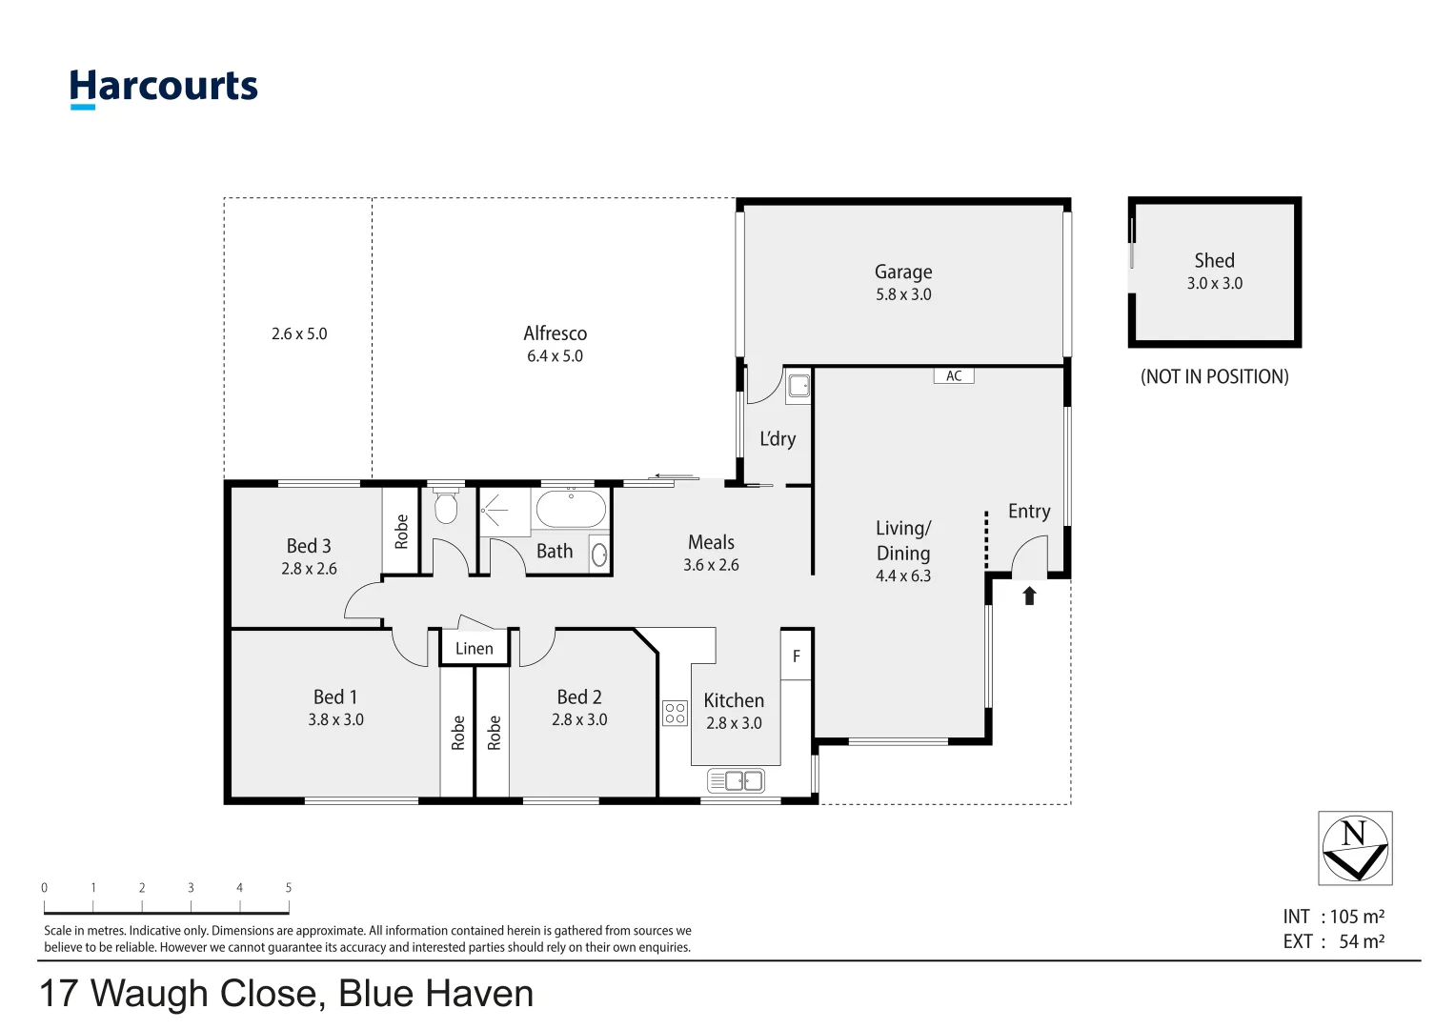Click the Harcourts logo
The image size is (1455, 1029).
tap(164, 89)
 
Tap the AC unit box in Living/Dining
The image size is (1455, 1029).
tap(954, 375)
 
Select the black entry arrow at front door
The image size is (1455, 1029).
tap(1029, 595)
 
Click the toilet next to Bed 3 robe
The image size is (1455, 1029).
tap(445, 505)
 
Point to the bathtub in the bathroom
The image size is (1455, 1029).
tap(571, 509)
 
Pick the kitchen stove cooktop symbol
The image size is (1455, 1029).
tap(675, 713)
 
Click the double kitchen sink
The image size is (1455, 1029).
tap(736, 780)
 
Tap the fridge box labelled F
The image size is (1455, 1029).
tap(797, 656)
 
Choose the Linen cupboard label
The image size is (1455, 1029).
tap(475, 648)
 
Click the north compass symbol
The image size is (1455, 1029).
tap(1355, 848)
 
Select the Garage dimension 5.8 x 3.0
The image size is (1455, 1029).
tap(903, 294)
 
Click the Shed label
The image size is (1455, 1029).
tap(1214, 260)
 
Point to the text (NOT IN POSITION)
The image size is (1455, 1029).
tap(1214, 376)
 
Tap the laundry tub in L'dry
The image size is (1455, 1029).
tap(798, 386)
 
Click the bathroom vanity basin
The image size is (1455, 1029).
tap(599, 555)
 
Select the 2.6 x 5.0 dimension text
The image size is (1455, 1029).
tap(299, 333)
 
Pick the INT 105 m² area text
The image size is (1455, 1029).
tap(1333, 917)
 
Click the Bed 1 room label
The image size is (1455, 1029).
tap(335, 697)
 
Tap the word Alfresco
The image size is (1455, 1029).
tap(555, 333)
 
